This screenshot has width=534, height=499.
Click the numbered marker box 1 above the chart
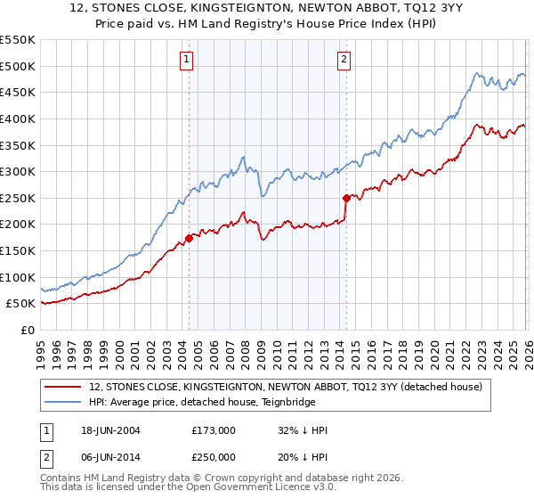tap(188, 61)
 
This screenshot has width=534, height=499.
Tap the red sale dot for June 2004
tap(189, 238)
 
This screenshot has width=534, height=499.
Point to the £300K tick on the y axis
tap(18, 171)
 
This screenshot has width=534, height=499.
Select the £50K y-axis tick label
tap(21, 304)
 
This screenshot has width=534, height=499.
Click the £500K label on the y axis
tap(18, 66)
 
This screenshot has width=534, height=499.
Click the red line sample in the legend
tap(64, 388)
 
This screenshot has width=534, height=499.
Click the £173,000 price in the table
tap(214, 430)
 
